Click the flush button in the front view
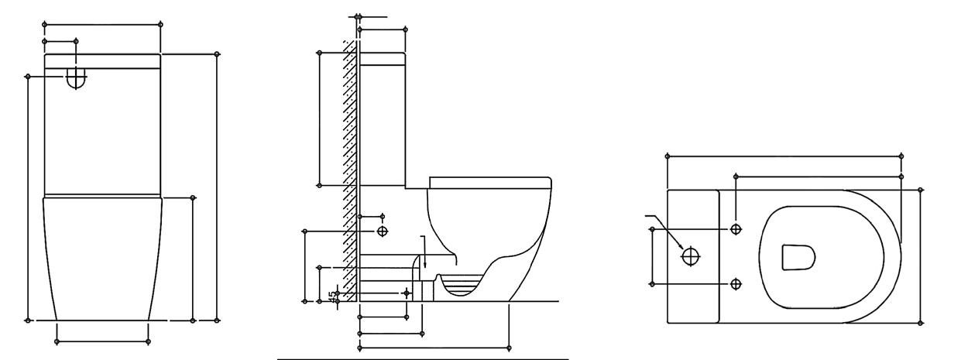click(x=76, y=77)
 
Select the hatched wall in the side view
click(x=349, y=170)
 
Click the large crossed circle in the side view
click(x=383, y=231)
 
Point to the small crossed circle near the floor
click(x=407, y=293)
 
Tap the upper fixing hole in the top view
click(x=736, y=229)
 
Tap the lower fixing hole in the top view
click(x=736, y=283)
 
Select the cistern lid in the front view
click(x=102, y=61)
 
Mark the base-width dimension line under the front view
click(x=102, y=341)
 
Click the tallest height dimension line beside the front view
click(x=216, y=186)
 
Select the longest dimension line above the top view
click(x=784, y=156)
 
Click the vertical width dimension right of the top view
click(x=921, y=255)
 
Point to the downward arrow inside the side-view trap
click(x=423, y=255)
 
